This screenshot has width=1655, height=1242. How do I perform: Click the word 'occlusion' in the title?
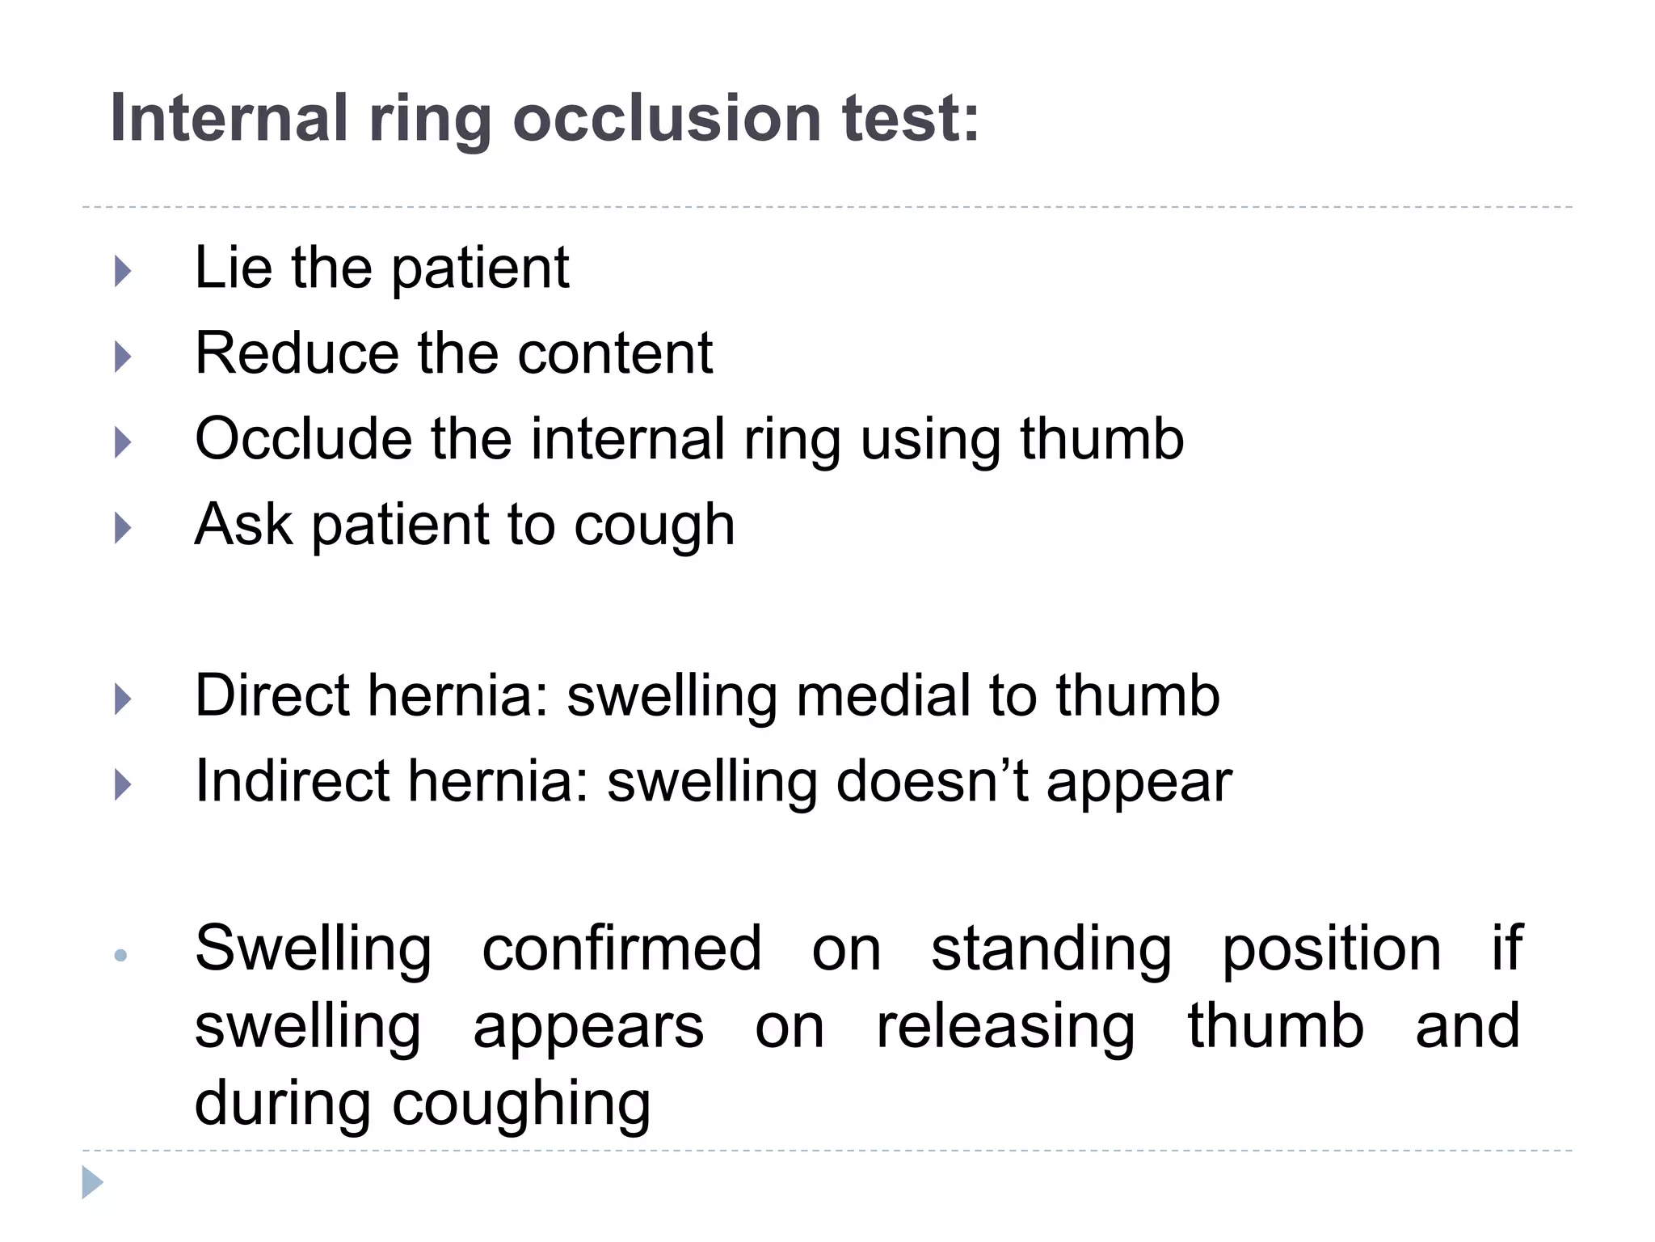(667, 118)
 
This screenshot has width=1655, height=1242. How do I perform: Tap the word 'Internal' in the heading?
(230, 118)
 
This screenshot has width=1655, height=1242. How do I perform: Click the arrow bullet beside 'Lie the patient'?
(123, 271)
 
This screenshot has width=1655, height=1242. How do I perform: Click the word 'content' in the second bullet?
(614, 353)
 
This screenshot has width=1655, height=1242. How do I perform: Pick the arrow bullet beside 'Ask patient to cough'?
(123, 528)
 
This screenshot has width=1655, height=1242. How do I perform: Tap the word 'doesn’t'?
(932, 781)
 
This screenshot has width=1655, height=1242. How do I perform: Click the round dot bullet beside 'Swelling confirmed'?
(121, 956)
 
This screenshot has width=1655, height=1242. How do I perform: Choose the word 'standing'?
(1051, 949)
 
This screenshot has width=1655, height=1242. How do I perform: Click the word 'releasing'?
(1005, 1027)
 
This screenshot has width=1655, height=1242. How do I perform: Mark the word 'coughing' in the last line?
(521, 1105)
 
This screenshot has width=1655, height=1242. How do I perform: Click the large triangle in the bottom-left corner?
(92, 1183)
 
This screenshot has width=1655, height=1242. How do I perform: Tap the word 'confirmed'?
(621, 948)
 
